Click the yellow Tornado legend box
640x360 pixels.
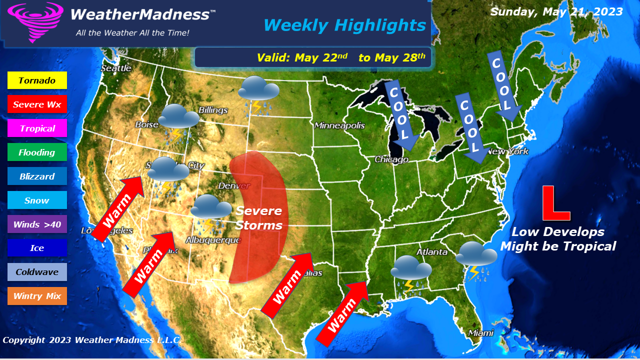pos(37,80)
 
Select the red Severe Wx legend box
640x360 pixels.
pos(37,104)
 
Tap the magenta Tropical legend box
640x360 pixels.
pos(37,128)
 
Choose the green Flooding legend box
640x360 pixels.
pos(37,152)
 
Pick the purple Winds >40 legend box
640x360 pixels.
pos(37,224)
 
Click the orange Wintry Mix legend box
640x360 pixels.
pos(37,296)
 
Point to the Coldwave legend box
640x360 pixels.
pos(37,272)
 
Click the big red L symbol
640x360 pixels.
pos(555,203)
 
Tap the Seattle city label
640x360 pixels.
pos(116,68)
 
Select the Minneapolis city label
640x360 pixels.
pos(339,125)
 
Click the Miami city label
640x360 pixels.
pos(480,332)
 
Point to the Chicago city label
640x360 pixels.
pos(391,159)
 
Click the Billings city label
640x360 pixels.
pos(213,110)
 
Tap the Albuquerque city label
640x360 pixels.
pos(213,240)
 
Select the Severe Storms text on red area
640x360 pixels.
pos(259,218)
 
